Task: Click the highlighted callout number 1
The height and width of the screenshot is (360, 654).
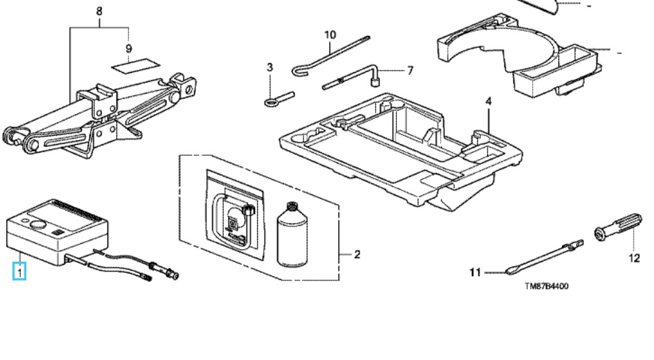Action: (x=19, y=271)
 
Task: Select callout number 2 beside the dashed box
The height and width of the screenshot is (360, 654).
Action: (x=357, y=254)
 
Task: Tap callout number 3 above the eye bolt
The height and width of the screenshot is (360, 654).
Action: (x=270, y=67)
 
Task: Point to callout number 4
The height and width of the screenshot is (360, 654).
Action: (x=488, y=101)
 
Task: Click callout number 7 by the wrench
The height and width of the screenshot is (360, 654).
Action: (x=410, y=71)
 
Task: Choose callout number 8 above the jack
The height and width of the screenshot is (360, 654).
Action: (x=99, y=11)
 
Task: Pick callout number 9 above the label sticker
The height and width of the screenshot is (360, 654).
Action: (x=128, y=48)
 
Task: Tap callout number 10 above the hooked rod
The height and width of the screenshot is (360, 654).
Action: (x=330, y=35)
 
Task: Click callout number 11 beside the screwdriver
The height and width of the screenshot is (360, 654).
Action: (x=475, y=273)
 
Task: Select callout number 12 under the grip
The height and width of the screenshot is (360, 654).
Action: (x=634, y=258)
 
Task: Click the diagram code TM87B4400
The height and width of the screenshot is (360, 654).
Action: (x=547, y=286)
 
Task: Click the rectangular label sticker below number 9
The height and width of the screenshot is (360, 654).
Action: (x=136, y=66)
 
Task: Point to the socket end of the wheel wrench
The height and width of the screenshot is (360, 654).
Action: (x=375, y=82)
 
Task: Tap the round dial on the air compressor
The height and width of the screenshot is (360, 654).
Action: (x=38, y=226)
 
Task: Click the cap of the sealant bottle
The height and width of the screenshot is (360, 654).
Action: (x=292, y=206)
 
